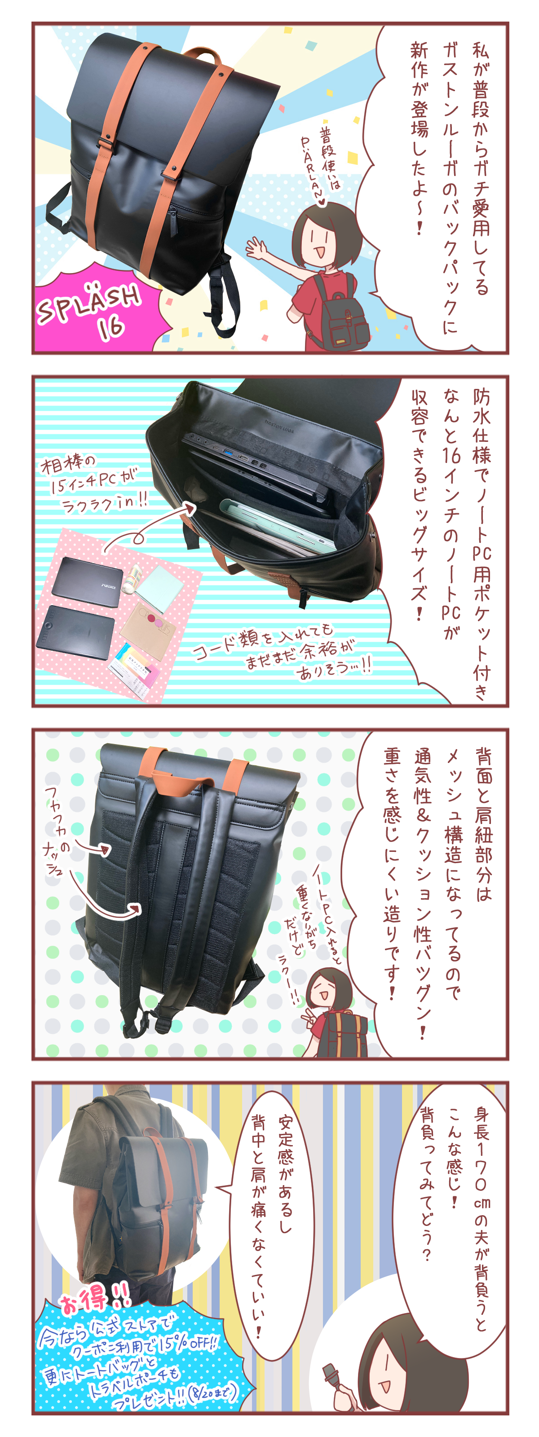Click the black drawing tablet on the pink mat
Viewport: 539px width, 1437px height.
point(75,632)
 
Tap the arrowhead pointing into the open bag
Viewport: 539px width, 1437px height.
point(191,507)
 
